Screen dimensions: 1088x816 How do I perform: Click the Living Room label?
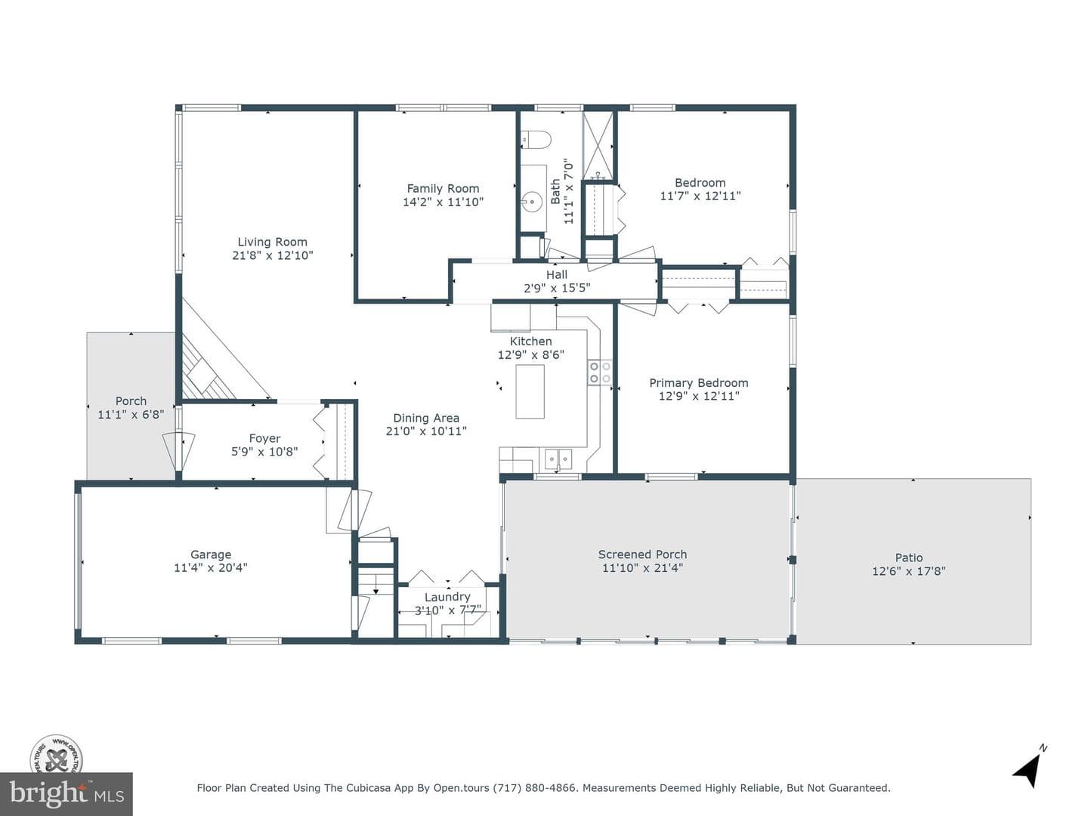click(272, 242)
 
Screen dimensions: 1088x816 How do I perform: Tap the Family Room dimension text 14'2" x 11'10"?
click(443, 202)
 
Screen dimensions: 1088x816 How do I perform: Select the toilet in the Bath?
click(536, 139)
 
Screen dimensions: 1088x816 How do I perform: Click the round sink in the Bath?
click(530, 202)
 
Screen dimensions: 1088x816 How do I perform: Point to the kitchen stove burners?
click(599, 372)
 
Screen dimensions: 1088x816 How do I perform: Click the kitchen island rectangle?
click(530, 391)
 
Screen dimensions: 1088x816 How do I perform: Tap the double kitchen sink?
click(558, 459)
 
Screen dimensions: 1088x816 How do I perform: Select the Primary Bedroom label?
click(698, 382)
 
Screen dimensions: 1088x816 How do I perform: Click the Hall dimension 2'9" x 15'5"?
click(557, 288)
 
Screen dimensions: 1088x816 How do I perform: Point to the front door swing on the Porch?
click(178, 450)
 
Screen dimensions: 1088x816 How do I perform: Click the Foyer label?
click(264, 438)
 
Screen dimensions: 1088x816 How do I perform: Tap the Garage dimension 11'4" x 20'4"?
click(211, 567)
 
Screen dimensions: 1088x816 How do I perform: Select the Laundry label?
click(447, 597)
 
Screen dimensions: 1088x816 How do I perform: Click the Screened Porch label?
click(642, 555)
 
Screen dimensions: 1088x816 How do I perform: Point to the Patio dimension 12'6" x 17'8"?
click(909, 570)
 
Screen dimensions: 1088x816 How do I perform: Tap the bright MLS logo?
click(66, 794)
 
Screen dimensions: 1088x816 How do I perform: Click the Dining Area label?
click(426, 418)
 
